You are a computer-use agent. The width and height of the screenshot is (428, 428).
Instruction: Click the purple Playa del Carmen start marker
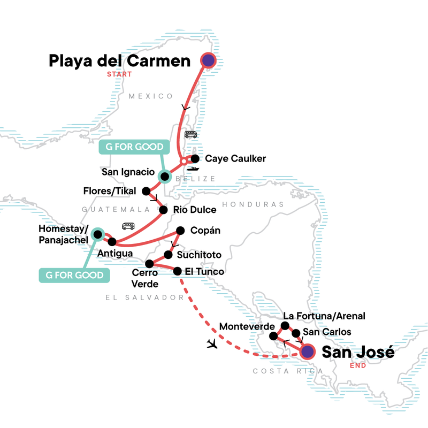point(208,60)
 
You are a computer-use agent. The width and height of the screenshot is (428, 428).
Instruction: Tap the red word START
point(119,74)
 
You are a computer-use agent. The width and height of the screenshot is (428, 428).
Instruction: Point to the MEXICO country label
point(151,96)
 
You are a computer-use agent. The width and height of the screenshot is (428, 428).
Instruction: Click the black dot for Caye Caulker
point(195,159)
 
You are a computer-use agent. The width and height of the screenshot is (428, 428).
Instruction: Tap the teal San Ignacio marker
point(165,176)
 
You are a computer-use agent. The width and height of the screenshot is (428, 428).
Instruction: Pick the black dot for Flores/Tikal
point(146,190)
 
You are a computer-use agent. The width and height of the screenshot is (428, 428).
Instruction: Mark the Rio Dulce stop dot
point(163,210)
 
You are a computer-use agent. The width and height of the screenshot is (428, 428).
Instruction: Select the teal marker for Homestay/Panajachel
point(97,234)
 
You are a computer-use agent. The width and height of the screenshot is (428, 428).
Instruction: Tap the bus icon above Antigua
point(128,226)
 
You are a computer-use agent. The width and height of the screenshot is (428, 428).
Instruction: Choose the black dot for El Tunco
point(178,272)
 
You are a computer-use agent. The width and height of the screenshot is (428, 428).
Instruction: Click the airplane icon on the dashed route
point(212,343)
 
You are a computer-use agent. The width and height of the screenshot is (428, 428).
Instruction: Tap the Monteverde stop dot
point(273,337)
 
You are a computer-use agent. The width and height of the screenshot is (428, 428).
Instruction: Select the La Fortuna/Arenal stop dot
point(285,326)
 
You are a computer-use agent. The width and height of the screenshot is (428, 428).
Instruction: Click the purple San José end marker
point(307,352)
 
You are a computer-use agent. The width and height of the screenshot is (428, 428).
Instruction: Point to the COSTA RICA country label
point(288,371)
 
